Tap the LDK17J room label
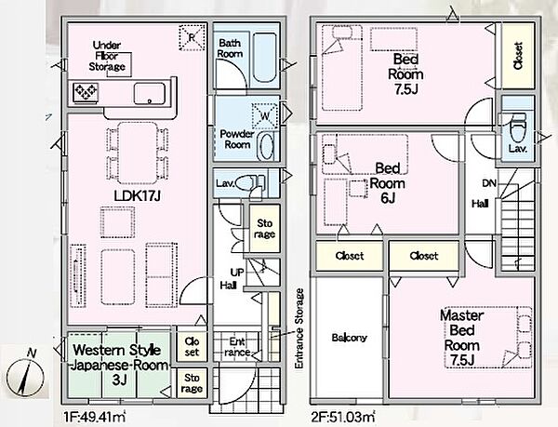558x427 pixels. pos(138,195)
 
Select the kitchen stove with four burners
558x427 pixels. pos(86,92)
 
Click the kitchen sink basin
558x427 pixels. pos(150,94)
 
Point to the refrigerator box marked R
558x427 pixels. pos(193,37)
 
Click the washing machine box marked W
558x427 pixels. pos(265,116)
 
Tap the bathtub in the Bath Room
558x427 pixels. pos(264,58)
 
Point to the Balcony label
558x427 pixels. pos(349,338)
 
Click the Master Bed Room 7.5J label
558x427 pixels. pos(462,338)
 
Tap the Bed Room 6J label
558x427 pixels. pos(388,183)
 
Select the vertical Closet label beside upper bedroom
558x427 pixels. pos(518,56)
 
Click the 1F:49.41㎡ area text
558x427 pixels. pos(94,417)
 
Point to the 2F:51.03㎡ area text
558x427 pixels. pos(343,416)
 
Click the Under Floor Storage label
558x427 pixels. pos(107,56)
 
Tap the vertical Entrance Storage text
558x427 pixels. pos(299,328)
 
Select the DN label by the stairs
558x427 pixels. pos(489,183)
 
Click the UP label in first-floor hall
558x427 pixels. pos(237,273)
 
